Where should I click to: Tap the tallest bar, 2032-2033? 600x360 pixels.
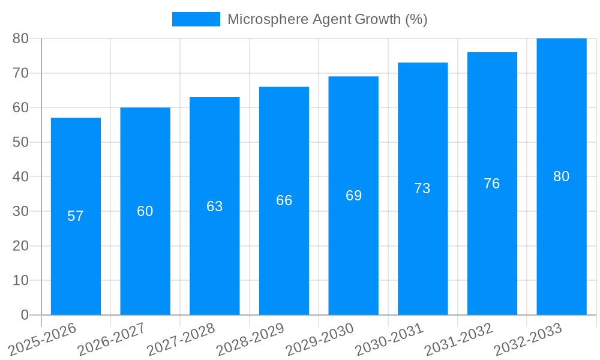pos(561,240)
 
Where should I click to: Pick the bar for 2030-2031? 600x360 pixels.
pos(422,252)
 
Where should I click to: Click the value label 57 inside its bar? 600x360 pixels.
pos(76,216)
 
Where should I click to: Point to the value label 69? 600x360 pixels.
pos(353,196)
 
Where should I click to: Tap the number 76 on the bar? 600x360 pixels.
pos(491,184)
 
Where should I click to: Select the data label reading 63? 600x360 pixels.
pos(214,206)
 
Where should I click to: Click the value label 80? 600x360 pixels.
pos(561,176)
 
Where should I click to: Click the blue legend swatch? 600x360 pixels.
pos(196,19)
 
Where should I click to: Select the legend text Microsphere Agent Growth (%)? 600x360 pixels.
pos(327,19)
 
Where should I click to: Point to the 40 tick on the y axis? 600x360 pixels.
pos(20,177)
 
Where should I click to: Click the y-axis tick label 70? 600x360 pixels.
pos(20,73)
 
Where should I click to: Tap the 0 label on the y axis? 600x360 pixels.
pos(25,315)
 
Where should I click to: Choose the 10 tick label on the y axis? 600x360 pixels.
pos(20,280)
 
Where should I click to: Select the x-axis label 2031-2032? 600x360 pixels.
pos(459,339)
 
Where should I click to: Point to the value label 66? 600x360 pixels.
pos(284,200)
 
